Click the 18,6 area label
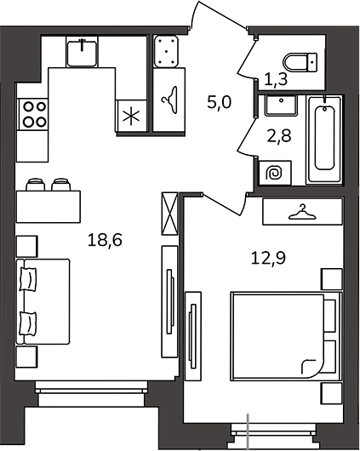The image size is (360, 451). pyautogui.click(x=105, y=240)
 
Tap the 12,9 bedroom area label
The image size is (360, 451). pyautogui.click(x=268, y=258)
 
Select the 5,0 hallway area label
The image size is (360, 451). pyautogui.click(x=220, y=102)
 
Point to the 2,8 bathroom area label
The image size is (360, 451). pyautogui.click(x=279, y=136)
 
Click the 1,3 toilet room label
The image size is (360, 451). pyautogui.click(x=276, y=79)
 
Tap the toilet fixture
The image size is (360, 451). pyautogui.click(x=300, y=62)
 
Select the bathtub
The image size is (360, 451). pyautogui.click(x=324, y=140)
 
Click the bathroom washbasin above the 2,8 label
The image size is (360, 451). pyautogui.click(x=281, y=106)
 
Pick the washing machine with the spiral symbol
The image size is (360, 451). pyautogui.click(x=275, y=173)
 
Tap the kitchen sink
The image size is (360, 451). pyautogui.click(x=82, y=54)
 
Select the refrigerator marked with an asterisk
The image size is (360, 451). pyautogui.click(x=131, y=116)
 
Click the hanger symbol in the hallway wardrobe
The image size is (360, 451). pyautogui.click(x=169, y=100)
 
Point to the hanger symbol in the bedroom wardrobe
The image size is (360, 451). pyautogui.click(x=302, y=212)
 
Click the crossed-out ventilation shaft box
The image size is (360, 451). pyautogui.click(x=169, y=214)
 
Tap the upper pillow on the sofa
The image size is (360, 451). pyautogui.click(x=28, y=279)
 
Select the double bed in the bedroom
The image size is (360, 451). pyautogui.click(x=286, y=335)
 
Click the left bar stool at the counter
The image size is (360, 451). pyautogui.click(x=36, y=185)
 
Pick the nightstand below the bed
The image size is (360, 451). pyautogui.click(x=332, y=393)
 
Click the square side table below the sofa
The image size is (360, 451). pyautogui.click(x=26, y=357)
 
